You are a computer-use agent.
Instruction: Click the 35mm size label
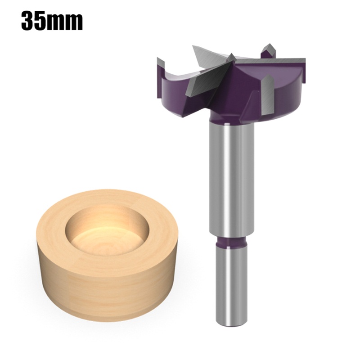pos(52,21)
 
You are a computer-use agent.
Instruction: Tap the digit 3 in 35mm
pos(28,21)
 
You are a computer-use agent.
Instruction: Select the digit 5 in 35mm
pos(43,21)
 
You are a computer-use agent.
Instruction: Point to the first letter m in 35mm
pos(59,22)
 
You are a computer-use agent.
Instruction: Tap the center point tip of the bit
pos(230,57)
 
